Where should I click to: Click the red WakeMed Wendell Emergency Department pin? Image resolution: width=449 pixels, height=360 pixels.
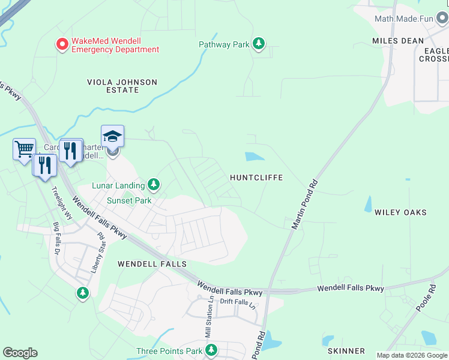tap(62, 44)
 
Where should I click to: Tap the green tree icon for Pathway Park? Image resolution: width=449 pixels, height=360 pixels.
tap(259, 44)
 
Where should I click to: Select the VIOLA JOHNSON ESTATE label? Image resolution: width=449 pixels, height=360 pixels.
tap(122, 86)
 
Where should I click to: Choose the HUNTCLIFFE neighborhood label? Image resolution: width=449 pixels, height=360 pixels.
tap(256, 178)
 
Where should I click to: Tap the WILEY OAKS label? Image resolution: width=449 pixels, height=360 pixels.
tap(400, 212)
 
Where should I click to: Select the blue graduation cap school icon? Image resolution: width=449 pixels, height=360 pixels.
tap(112, 137)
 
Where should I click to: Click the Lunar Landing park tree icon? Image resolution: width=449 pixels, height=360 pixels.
tap(154, 184)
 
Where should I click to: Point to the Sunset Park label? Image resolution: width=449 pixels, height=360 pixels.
tap(129, 200)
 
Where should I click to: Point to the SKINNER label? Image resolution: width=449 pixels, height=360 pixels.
tap(346, 350)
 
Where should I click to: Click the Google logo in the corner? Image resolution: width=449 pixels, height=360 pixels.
tap(20, 353)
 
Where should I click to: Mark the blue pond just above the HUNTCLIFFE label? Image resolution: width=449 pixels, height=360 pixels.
tap(255, 157)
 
